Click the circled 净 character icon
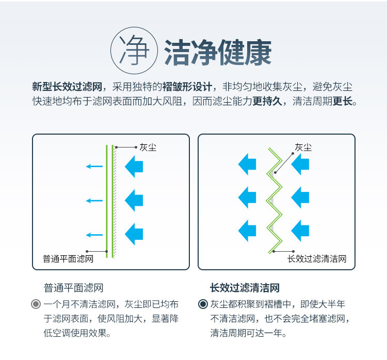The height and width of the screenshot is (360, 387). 134,51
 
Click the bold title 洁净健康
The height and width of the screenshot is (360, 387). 218,52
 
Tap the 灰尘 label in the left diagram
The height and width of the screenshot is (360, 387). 148,148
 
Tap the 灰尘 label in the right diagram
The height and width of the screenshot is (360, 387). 303,148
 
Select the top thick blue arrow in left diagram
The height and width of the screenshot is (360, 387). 134,167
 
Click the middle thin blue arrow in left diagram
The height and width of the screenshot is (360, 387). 94,201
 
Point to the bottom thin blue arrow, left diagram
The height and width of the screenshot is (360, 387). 94,235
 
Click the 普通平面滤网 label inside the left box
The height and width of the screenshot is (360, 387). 68,259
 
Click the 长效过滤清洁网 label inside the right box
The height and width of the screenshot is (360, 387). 317,259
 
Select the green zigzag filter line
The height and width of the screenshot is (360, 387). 274,201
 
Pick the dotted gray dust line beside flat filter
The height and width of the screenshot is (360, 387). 115,201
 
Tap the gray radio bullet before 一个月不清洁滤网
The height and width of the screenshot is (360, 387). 36,304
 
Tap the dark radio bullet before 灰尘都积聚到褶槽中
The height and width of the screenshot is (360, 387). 203,304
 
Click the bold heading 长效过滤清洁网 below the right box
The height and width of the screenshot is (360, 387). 245,288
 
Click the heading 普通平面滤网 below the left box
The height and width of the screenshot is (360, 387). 74,288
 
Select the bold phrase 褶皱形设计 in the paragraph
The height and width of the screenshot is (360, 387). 187,87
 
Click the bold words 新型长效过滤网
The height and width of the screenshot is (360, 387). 67,87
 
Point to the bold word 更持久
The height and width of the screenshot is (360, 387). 267,101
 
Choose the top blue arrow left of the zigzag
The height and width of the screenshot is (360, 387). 247,165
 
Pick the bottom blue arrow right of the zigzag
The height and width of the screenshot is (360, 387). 300,231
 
